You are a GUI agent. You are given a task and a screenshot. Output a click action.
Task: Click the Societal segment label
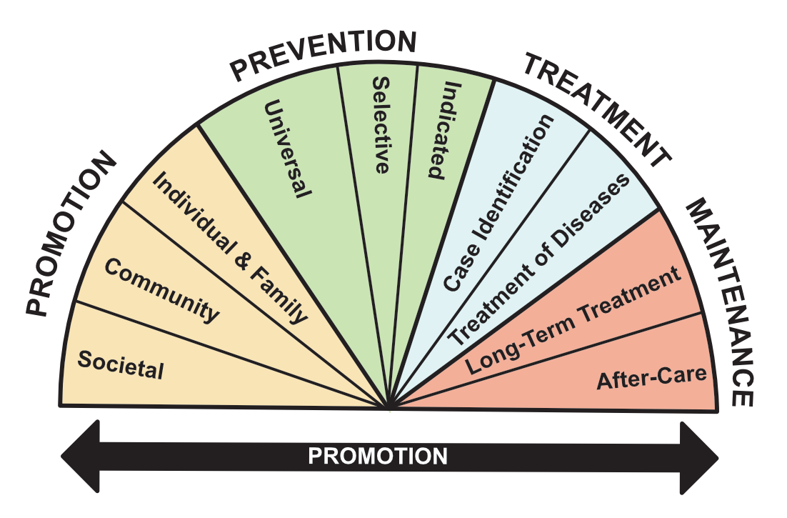point(121,365)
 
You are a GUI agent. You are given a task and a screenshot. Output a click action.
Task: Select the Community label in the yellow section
point(161,290)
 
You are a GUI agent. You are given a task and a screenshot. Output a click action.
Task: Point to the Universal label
point(287,149)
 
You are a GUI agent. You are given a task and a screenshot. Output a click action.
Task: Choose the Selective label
point(381,125)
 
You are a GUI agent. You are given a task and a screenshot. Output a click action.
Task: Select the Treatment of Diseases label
point(539,260)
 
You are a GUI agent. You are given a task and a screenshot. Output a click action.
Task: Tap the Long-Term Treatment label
point(573,322)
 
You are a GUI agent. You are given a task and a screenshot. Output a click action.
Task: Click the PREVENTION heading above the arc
point(323,54)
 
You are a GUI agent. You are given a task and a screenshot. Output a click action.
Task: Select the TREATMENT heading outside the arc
point(597,107)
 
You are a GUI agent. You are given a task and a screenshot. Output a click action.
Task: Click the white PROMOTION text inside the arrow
point(378,456)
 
